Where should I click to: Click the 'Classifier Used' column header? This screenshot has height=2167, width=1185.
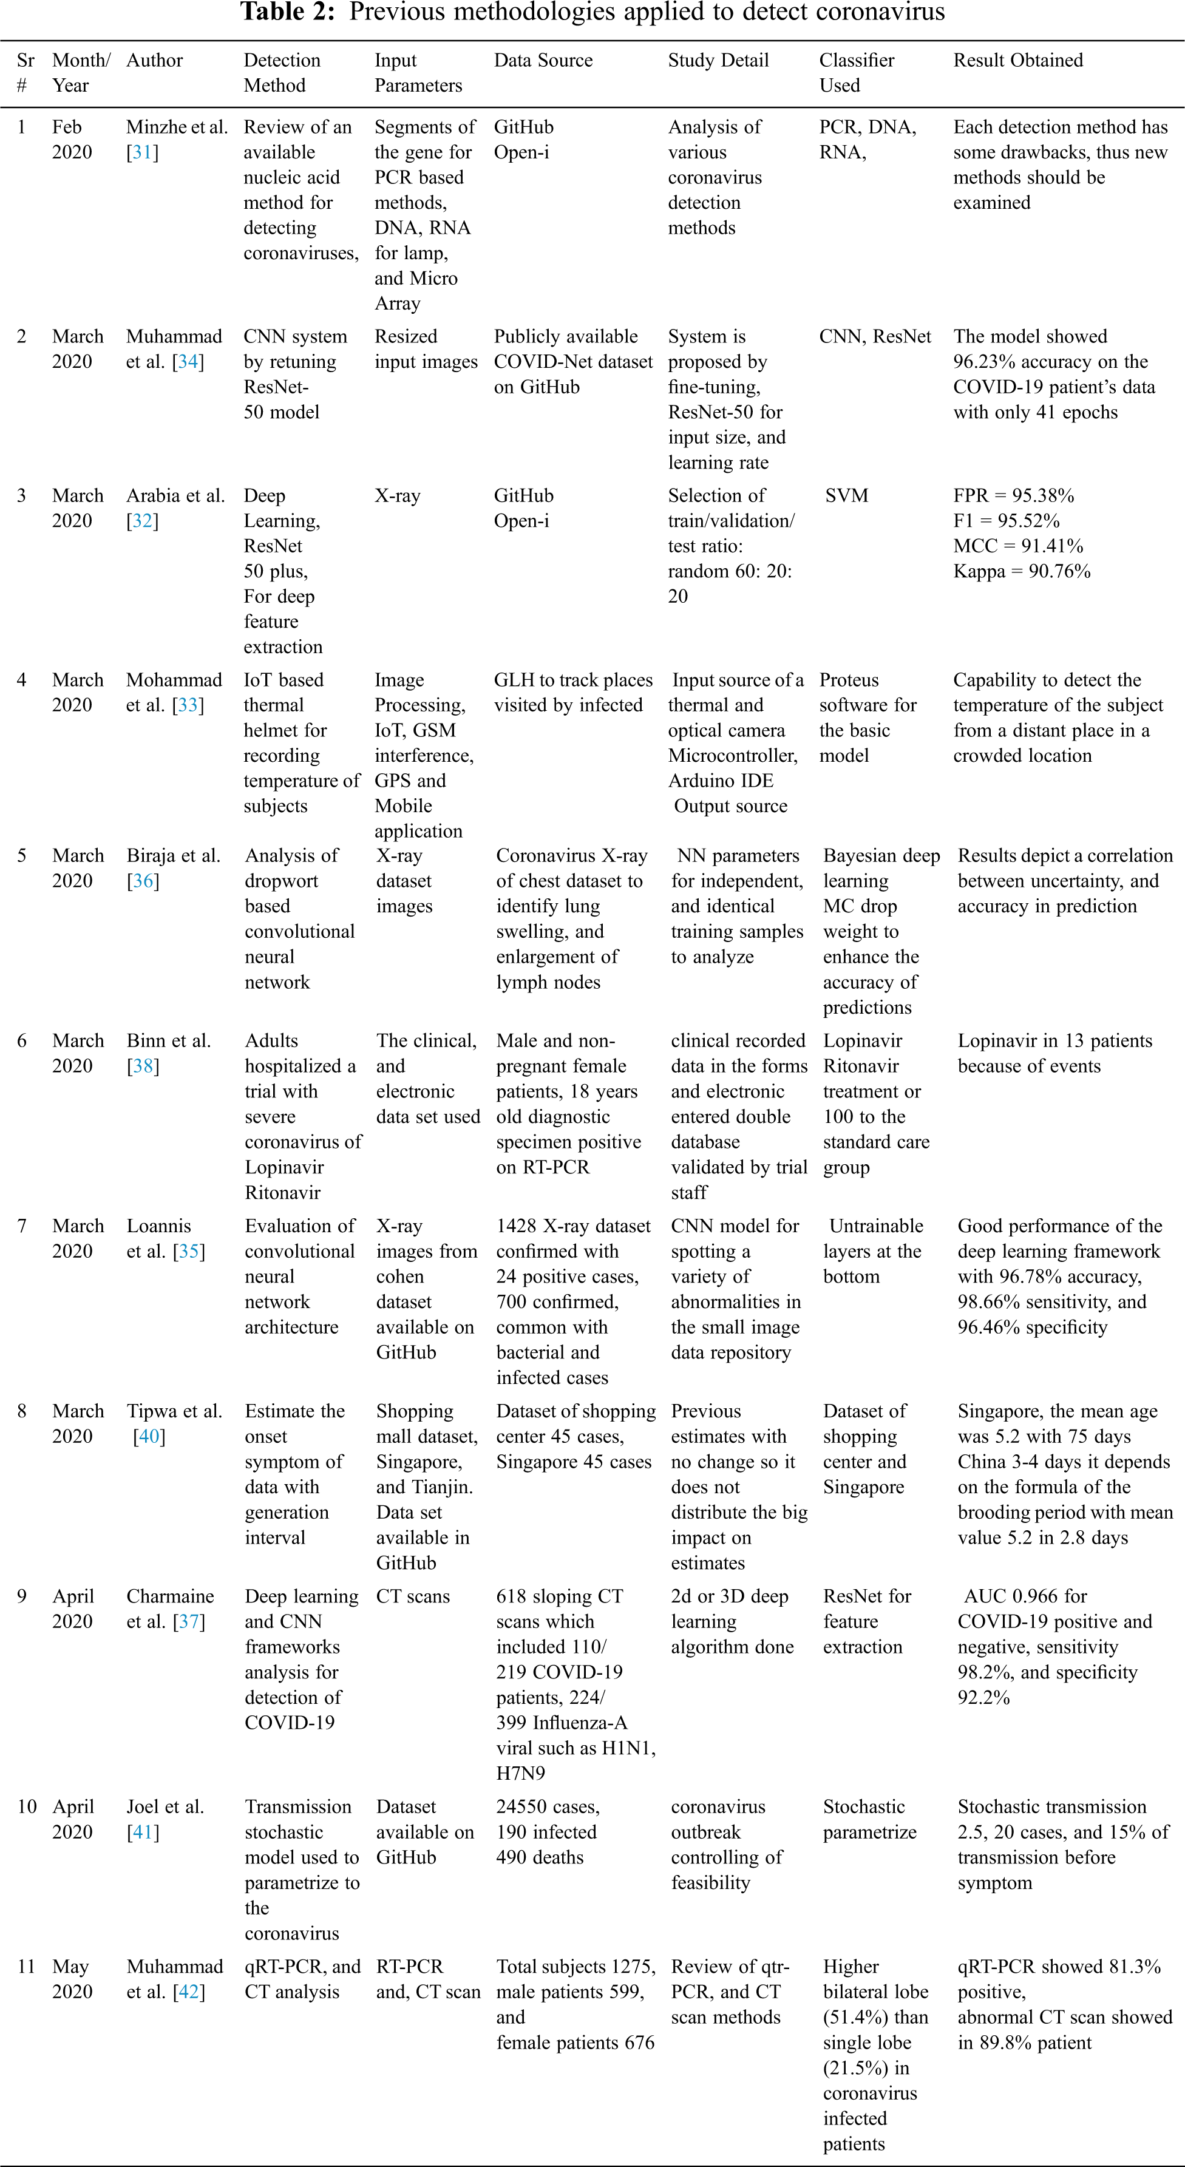tap(856, 72)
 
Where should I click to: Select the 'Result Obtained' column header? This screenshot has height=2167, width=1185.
tap(1017, 61)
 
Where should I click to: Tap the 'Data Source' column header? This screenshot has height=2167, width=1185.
tap(543, 61)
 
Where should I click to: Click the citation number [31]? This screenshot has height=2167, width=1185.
tap(142, 152)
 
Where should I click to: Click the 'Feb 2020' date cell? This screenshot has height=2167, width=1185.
tap(72, 140)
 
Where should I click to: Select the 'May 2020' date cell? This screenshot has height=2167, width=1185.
tap(72, 1979)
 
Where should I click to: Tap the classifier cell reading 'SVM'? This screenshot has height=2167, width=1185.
tap(846, 495)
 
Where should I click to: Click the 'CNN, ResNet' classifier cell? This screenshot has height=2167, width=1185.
tap(875, 336)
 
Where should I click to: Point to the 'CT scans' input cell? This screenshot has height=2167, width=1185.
tap(412, 1596)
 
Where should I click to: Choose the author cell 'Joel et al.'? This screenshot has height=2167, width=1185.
tap(165, 1806)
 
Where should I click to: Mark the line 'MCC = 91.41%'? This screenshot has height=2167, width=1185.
tap(1017, 546)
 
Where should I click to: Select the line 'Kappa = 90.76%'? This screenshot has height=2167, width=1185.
tap(1021, 571)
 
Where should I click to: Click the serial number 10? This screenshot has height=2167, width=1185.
tap(27, 1806)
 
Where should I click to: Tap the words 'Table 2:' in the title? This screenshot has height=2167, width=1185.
tap(290, 12)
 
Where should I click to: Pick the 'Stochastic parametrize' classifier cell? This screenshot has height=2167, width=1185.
tap(869, 1819)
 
